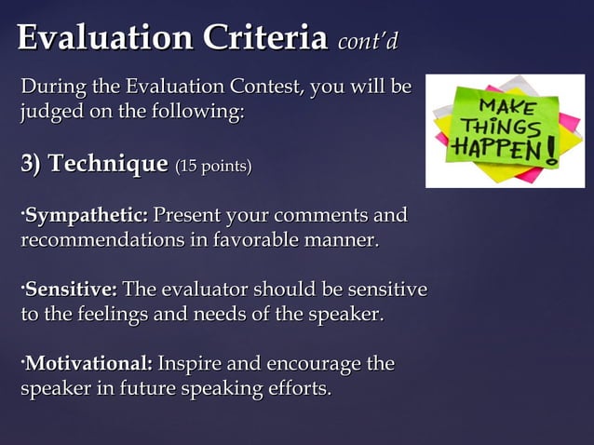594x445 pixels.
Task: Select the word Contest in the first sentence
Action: coord(262,88)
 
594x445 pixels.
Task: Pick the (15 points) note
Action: coord(213,167)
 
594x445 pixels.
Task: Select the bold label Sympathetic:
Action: coord(87,216)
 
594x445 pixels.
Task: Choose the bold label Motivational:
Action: coord(89,362)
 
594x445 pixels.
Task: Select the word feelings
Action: coord(103,315)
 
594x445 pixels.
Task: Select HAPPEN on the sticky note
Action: coord(496,149)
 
